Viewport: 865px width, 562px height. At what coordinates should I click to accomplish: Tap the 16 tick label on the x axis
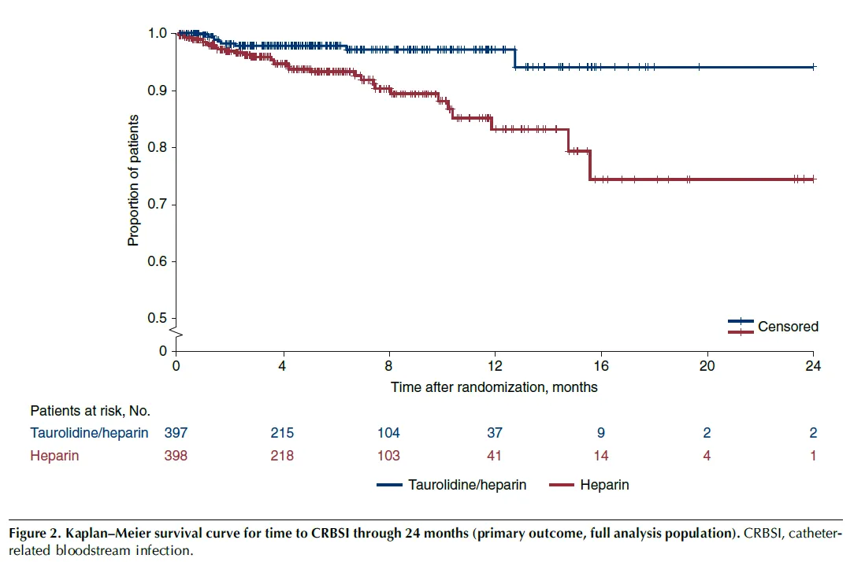[601, 367]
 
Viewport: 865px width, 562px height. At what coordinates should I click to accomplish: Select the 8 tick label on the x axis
[388, 367]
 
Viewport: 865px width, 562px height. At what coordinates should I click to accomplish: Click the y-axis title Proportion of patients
[134, 180]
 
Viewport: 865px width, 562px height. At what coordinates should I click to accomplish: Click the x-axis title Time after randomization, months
[494, 387]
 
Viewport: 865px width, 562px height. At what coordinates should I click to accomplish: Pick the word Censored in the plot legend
[788, 326]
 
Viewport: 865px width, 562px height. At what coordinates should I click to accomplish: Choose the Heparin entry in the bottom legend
[604, 485]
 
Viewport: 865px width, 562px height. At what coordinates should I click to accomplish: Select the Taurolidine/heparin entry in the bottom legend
[466, 485]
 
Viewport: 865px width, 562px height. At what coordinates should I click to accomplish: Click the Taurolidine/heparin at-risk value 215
[282, 433]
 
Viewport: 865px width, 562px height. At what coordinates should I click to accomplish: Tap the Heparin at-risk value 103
[388, 456]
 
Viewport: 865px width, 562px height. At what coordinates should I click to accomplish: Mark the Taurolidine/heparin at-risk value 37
[495, 433]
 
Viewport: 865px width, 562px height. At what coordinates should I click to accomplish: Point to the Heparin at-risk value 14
[601, 456]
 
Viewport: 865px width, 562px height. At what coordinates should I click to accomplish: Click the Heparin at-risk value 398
[176, 456]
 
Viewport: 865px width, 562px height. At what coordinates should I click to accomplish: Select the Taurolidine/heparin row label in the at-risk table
[89, 433]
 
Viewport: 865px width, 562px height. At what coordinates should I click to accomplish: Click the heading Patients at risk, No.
[90, 411]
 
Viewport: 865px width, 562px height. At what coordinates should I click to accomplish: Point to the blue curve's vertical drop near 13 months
[514, 58]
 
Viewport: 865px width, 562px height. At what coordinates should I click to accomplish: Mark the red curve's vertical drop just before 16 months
[590, 165]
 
